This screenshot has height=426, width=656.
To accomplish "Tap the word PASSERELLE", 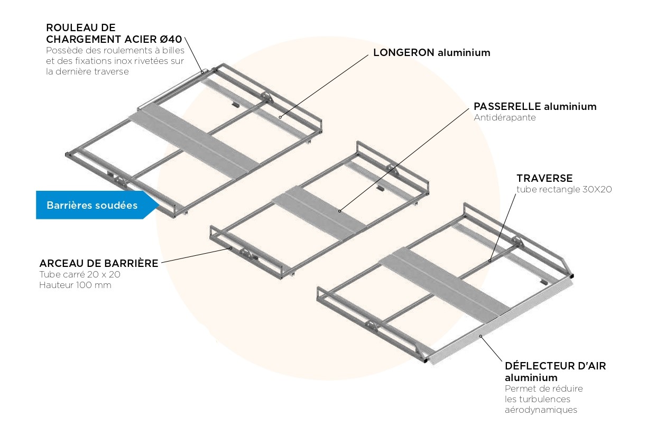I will click(507, 107).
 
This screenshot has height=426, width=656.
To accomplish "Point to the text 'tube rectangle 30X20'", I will click(564, 189).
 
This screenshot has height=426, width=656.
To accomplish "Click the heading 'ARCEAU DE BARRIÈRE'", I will click(99, 263).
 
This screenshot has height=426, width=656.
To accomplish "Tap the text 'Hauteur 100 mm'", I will click(75, 285).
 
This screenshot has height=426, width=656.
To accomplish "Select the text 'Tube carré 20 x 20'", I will click(79, 274).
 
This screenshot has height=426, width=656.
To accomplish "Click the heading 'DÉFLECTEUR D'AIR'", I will click(555, 366).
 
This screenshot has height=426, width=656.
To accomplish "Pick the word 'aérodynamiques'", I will click(541, 410).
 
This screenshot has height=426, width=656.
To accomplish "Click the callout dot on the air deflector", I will click(481, 336).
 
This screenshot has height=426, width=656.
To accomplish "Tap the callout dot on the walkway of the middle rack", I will click(340, 211).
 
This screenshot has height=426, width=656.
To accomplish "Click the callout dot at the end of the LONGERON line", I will click(280, 116).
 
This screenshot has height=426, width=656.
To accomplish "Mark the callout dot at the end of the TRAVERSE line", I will click(490, 260).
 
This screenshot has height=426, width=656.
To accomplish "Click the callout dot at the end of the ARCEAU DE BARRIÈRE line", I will click(230, 247).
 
